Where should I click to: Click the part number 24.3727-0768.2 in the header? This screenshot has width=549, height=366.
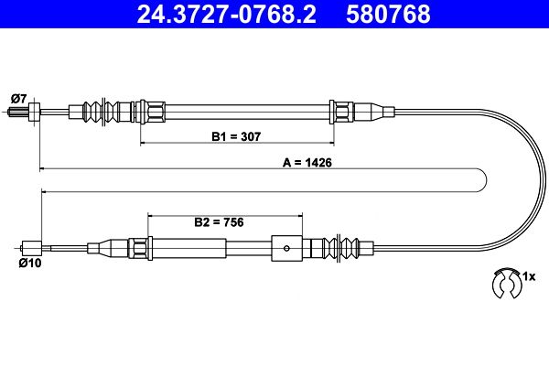click(226, 14)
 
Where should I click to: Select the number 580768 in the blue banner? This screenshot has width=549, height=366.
click(388, 14)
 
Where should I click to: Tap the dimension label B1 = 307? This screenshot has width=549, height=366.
click(236, 136)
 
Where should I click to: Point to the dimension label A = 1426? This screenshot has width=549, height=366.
click(307, 163)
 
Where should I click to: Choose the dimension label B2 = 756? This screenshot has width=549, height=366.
click(219, 222)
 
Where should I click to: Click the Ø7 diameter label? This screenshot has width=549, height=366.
click(18, 99)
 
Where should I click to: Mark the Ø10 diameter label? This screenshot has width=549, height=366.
click(30, 263)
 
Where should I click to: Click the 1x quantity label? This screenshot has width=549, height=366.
click(529, 276)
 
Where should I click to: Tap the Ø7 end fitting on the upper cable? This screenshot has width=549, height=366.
click(34, 112)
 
